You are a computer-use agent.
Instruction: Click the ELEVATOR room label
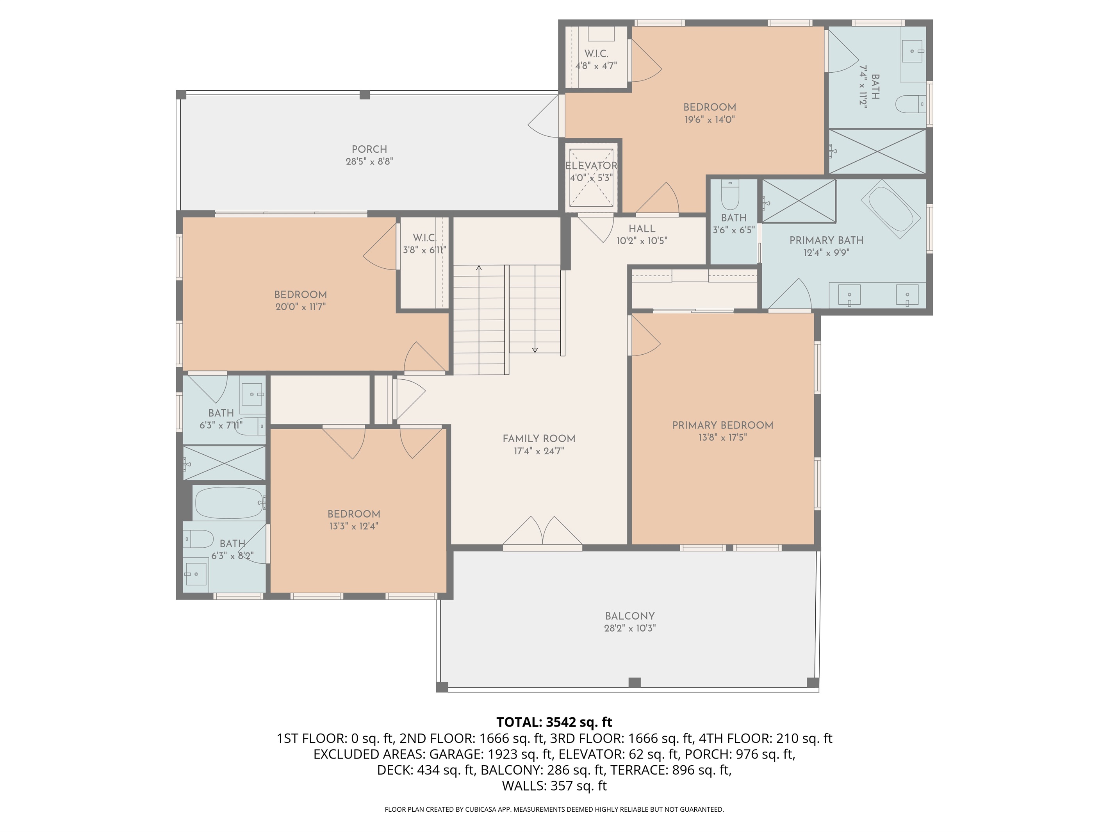coord(591,166)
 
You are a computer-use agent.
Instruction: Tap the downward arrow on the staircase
coord(535,350)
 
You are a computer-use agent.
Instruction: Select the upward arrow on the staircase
coord(479,269)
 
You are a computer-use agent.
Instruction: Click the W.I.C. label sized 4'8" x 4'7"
coord(596,54)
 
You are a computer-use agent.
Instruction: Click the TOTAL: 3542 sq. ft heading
coord(554,722)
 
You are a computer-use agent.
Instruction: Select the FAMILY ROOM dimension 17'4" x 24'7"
coord(538,451)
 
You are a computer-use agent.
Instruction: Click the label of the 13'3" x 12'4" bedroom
coord(353,514)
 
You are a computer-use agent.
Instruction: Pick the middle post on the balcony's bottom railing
coord(634,682)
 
